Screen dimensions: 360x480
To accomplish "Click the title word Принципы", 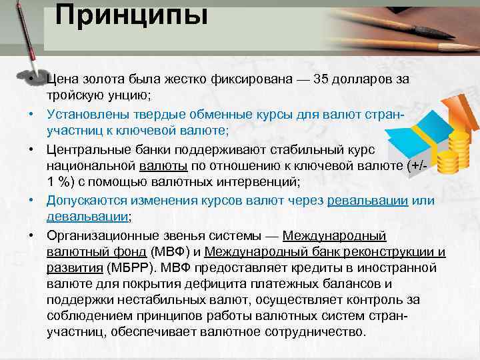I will click(131, 15).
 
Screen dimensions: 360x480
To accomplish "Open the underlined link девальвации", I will click(87, 217).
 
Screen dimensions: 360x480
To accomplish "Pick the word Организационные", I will click(99, 237).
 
